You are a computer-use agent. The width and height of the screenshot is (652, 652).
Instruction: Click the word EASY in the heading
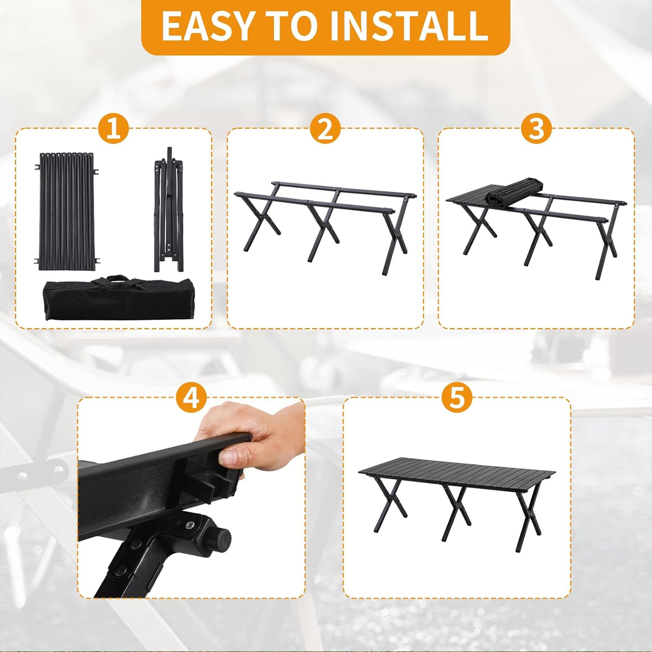click(x=207, y=26)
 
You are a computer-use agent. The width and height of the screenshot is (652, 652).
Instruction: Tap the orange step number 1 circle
click(x=114, y=129)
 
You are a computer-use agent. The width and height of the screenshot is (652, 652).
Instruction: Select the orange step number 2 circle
click(x=325, y=129)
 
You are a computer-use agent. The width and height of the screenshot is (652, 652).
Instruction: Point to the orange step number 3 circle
click(x=536, y=129)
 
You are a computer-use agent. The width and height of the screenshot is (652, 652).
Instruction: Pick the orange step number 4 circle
click(x=191, y=398)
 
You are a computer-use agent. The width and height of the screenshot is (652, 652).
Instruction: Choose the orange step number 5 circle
click(x=456, y=398)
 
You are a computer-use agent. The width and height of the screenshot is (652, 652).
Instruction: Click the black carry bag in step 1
click(x=118, y=298)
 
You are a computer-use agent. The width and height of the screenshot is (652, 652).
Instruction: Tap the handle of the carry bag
click(x=116, y=279)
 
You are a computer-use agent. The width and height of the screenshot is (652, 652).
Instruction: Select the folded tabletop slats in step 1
click(x=67, y=211)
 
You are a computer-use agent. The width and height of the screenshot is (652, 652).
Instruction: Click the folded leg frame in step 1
click(x=169, y=210)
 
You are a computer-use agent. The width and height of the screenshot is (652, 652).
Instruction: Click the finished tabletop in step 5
click(x=457, y=474)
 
